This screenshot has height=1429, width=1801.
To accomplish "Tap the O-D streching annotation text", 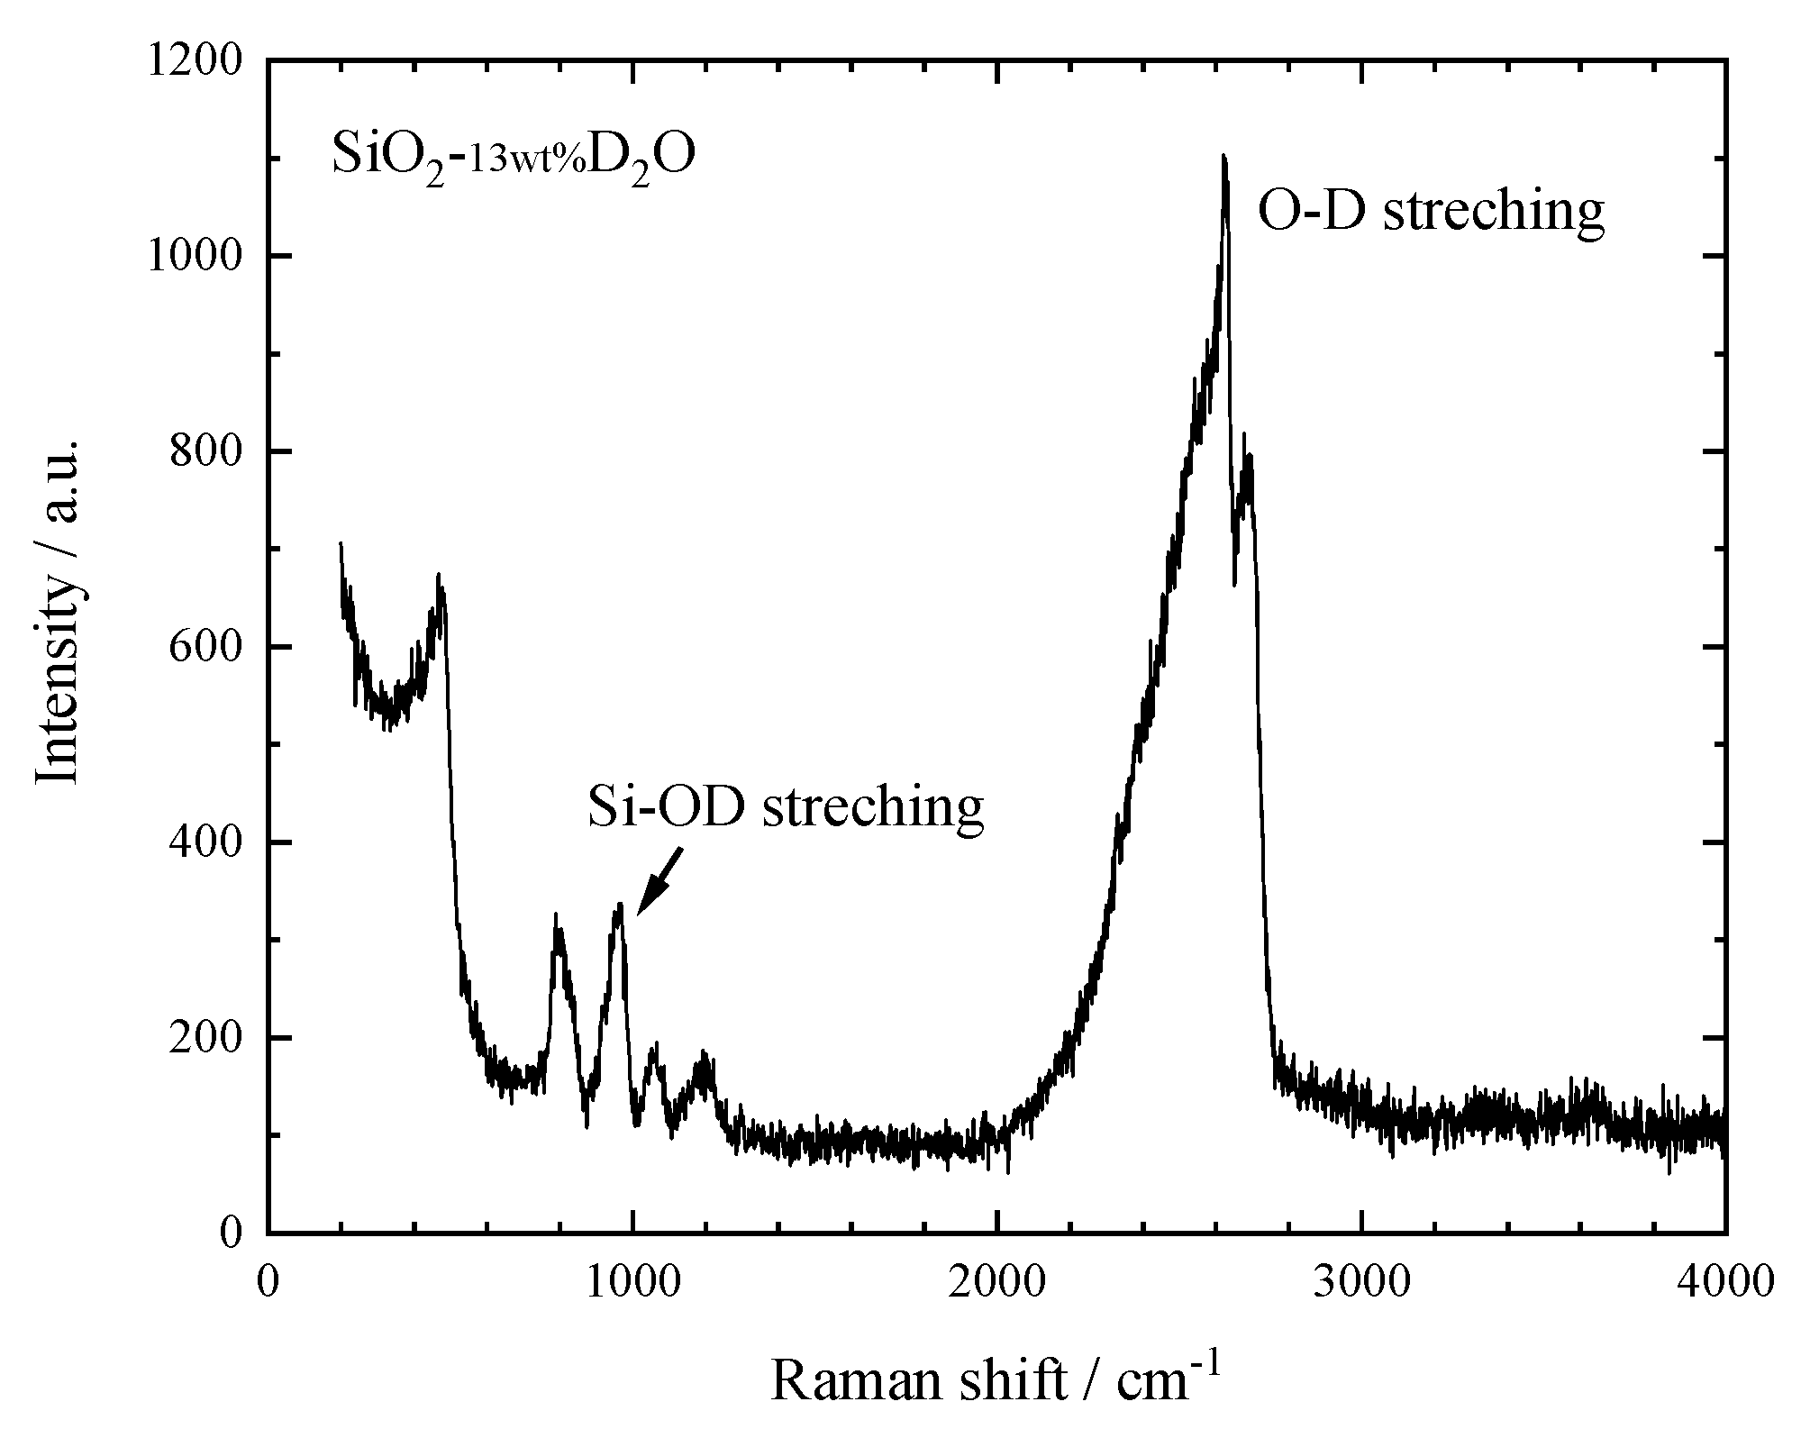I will [x=1431, y=212].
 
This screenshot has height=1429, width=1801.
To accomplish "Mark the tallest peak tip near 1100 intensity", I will [x=1223, y=158].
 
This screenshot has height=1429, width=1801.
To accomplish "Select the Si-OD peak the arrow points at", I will [x=619, y=905].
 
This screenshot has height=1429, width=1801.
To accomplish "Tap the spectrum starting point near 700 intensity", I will [x=341, y=544].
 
